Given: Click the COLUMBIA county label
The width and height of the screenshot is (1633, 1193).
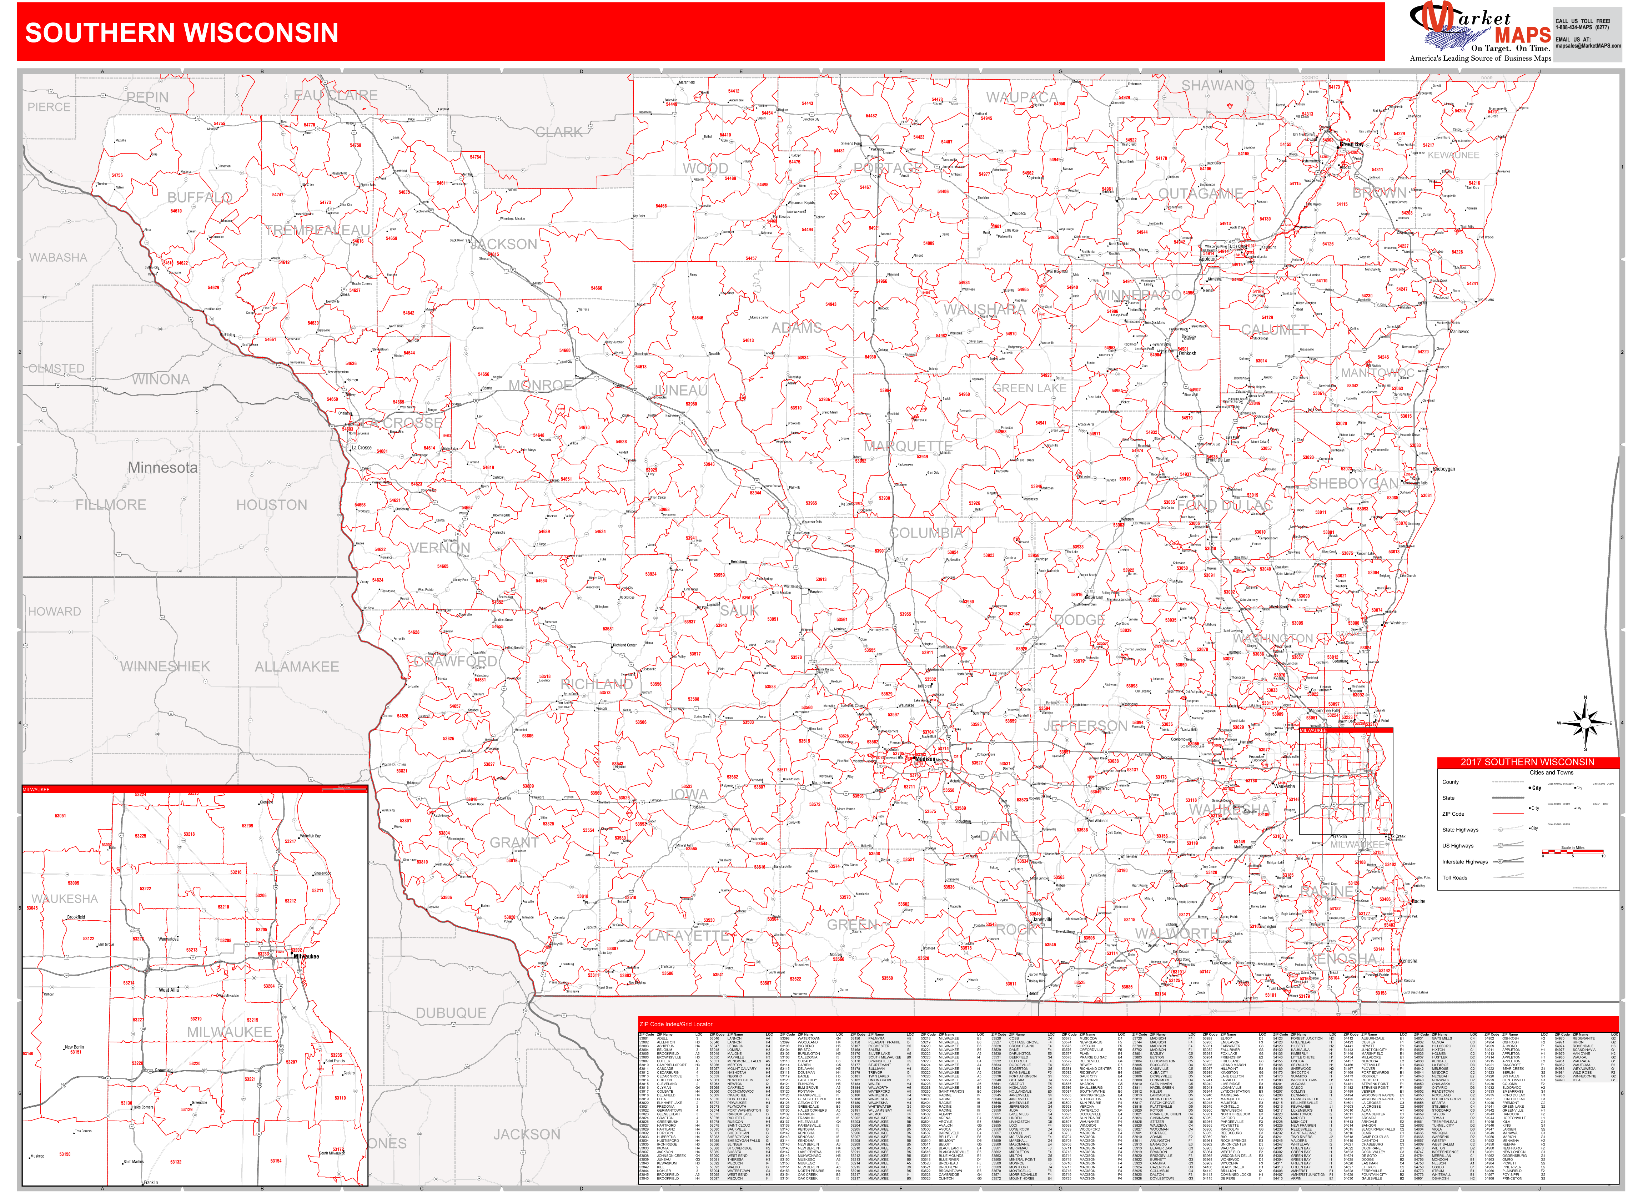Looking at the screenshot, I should point(926,533).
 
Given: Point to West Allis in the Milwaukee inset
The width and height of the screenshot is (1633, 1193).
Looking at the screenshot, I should point(169,990).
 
